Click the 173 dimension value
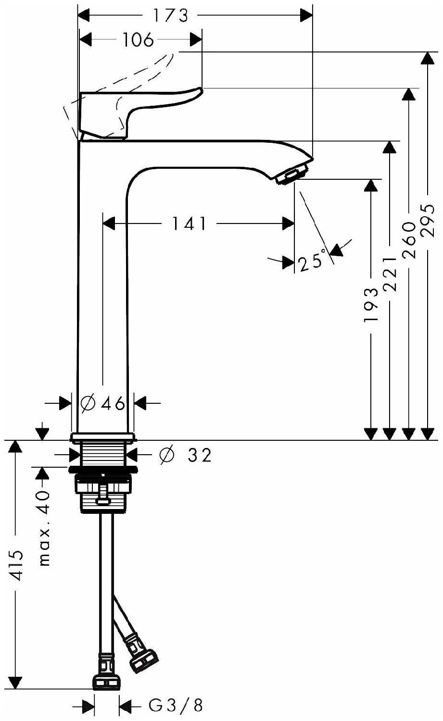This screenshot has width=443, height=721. point(170,15)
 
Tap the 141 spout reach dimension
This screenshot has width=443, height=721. point(189,224)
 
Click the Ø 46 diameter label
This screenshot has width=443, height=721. point(102,403)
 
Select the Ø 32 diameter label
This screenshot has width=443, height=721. point(186,455)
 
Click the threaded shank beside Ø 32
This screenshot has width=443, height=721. point(103,454)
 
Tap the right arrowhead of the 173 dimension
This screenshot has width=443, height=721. point(306,15)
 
